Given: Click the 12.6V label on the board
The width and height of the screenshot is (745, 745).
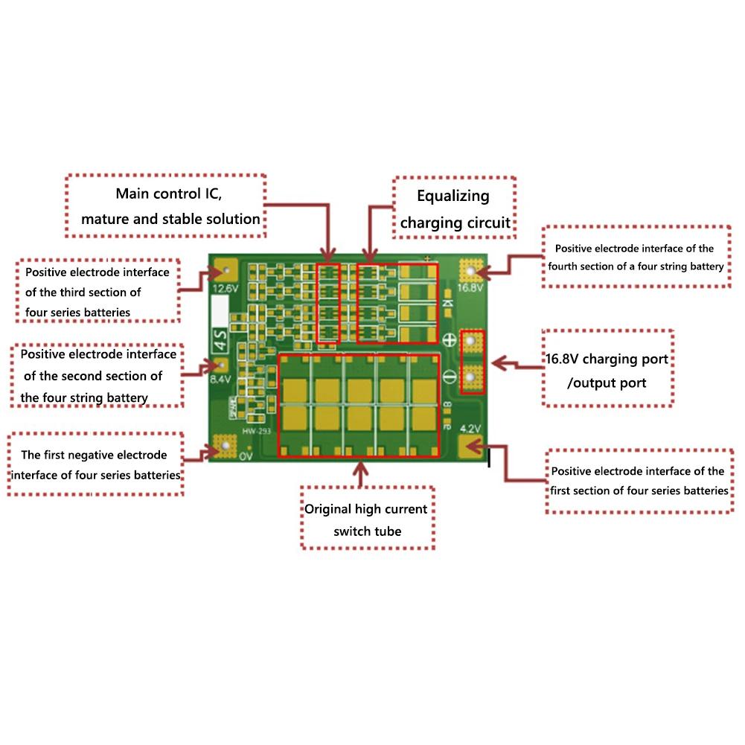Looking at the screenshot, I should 226,288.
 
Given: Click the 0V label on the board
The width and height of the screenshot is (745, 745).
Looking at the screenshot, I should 247,456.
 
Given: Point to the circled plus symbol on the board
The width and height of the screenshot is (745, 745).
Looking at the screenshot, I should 450,340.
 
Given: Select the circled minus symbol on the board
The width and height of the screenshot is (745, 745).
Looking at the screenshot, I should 450,376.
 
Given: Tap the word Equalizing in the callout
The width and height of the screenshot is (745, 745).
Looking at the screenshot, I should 453,196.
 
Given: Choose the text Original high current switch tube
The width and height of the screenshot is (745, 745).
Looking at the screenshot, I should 367,519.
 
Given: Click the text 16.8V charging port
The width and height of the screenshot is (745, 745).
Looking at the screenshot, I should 607,359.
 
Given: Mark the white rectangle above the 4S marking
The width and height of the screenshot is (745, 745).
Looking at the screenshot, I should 221,308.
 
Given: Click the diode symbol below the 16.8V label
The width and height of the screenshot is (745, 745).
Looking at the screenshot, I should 447,302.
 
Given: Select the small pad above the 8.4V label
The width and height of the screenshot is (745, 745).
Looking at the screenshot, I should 221,365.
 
